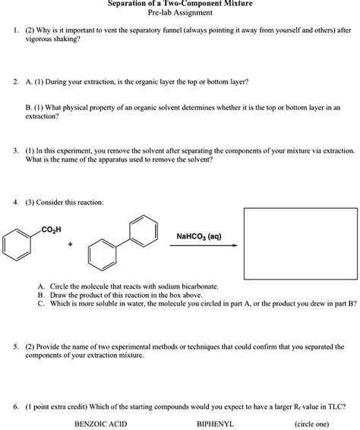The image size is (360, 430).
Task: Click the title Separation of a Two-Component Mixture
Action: click(x=180, y=4)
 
